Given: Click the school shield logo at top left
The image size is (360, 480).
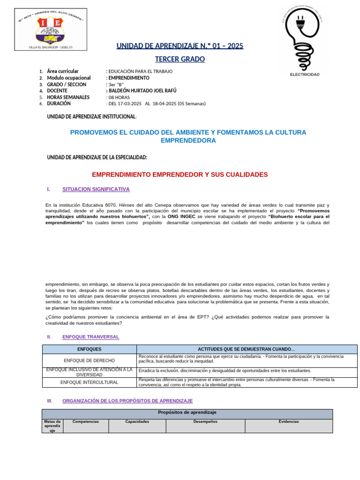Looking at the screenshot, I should tap(51, 29).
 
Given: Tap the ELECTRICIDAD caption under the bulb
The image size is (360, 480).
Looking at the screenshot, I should tap(305, 75).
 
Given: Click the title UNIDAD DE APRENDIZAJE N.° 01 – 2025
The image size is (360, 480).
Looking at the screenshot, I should tap(180, 46).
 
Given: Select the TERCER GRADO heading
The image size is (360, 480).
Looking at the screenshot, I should tap(180, 59).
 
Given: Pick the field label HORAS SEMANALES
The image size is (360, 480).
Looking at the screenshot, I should tap(68, 97).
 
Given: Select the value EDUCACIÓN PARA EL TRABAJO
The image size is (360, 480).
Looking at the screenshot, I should tap(140, 71).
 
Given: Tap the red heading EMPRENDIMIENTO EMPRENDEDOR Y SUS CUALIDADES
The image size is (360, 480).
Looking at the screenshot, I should tap(180, 174).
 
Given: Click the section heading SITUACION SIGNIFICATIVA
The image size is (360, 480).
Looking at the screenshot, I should tap(96, 189).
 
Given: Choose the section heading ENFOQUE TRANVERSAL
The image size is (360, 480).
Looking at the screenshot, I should tap(90, 337).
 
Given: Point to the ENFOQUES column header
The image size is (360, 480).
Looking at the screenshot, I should tap(89, 349).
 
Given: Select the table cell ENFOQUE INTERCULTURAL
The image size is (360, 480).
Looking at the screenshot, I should tap(89, 382).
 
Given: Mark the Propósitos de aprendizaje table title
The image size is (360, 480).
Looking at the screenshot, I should tap(187, 412).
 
